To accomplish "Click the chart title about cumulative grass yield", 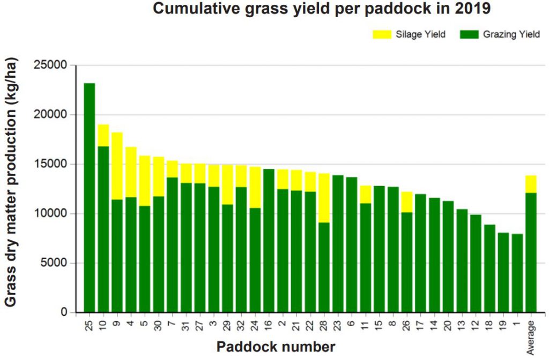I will point(322,9).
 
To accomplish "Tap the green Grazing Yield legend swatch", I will point(468,35).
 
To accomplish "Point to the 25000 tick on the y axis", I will point(53,65).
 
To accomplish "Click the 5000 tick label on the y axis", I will point(56,263).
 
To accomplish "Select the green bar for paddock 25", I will point(90,199).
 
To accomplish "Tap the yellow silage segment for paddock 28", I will point(324,198).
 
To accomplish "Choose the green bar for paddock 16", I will point(269,241).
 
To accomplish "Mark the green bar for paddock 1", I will point(517,273).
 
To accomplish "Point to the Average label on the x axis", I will point(531,337).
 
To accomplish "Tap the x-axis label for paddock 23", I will point(338,326).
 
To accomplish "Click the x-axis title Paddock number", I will point(276,347).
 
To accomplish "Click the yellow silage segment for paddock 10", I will point(103,135).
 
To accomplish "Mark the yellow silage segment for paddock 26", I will point(407,202).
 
